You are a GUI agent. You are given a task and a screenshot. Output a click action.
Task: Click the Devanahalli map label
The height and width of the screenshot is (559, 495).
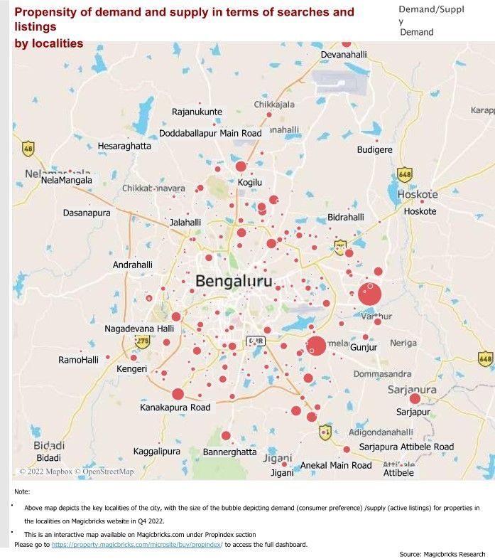click(344, 55)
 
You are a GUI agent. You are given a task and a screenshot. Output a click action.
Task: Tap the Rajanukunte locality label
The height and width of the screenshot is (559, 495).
click(197, 112)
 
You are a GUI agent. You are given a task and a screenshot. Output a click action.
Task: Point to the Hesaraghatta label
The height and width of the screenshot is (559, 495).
click(124, 146)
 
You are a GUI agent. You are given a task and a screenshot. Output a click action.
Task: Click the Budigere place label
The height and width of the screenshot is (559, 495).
click(374, 150)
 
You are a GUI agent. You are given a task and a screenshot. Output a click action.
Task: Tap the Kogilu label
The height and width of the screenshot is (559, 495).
click(250, 183)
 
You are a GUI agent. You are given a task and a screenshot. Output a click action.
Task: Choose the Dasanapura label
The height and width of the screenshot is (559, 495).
click(87, 213)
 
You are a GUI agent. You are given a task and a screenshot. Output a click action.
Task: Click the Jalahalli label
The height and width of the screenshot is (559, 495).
click(185, 223)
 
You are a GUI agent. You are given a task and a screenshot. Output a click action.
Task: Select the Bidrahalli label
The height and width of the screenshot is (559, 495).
click(345, 217)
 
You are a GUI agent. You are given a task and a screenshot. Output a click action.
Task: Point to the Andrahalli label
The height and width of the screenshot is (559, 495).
click(133, 265)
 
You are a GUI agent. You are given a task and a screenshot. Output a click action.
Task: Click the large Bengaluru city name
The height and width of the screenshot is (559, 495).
click(234, 281)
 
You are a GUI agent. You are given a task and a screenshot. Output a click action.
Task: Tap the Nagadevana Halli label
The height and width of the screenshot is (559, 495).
click(139, 329)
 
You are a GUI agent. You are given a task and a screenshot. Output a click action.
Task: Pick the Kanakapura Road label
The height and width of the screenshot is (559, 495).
click(175, 408)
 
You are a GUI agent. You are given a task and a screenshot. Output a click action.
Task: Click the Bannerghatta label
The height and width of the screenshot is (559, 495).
click(229, 452)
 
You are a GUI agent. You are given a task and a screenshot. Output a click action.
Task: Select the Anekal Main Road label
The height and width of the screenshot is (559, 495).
click(336, 465)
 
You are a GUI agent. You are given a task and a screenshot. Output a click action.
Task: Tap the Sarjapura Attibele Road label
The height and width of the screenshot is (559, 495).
click(406, 447)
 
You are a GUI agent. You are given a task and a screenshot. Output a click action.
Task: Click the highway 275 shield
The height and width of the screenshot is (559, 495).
click(143, 342)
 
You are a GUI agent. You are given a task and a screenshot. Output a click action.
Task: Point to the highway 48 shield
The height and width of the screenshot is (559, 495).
click(28, 149)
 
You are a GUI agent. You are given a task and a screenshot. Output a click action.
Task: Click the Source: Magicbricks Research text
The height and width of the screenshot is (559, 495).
click(442, 554)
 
